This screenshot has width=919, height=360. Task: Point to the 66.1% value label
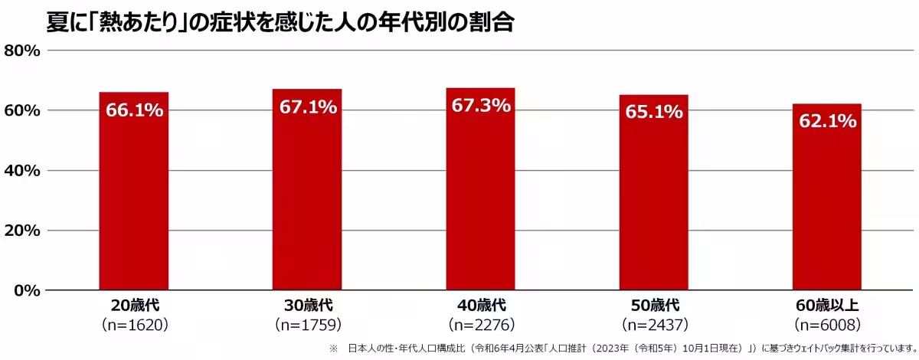pyautogui.click(x=134, y=110)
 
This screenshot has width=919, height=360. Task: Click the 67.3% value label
pyautogui.click(x=480, y=106)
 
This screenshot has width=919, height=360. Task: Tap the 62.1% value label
pyautogui.click(x=827, y=121)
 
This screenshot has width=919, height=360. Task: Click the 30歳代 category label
pyautogui.click(x=307, y=306)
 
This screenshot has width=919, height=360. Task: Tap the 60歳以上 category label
pyautogui.click(x=827, y=306)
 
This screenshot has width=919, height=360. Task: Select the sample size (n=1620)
pyautogui.click(x=134, y=324)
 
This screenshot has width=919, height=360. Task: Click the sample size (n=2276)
pyautogui.click(x=480, y=324)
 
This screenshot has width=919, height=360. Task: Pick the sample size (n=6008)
pyautogui.click(x=827, y=324)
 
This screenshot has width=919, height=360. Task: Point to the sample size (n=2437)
pyautogui.click(x=653, y=324)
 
